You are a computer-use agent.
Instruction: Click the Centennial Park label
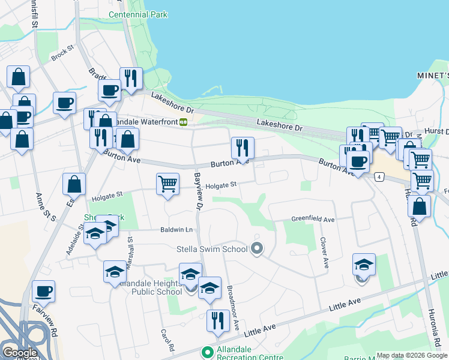[138, 14]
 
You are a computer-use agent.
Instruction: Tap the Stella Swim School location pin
[258, 248]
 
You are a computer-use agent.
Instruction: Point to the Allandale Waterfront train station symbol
[183, 122]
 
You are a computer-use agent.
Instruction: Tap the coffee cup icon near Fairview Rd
[43, 292]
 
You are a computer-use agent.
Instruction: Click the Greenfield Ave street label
[313, 220]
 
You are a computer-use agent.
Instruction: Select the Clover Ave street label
[324, 253]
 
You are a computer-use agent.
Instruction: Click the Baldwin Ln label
[176, 230]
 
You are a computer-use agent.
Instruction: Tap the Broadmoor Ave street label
[233, 307]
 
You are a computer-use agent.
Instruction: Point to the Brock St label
[62, 54]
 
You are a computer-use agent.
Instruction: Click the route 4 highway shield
[379, 176]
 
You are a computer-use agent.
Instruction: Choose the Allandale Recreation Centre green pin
[208, 352]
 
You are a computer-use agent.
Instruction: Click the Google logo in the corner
[19, 352]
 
